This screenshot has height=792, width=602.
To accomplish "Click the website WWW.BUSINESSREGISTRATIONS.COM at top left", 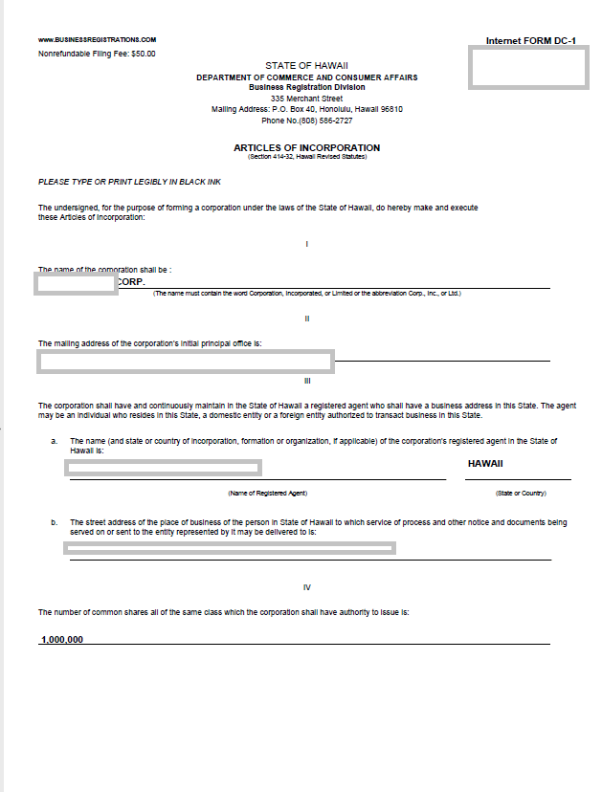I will tap(97, 40).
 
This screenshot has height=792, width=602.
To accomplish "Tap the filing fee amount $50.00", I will tap(143, 54).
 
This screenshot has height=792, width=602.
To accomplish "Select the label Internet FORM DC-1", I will tap(530, 41).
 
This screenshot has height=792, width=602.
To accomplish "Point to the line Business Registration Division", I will tap(306, 87).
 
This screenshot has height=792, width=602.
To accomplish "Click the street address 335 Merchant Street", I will tap(306, 99).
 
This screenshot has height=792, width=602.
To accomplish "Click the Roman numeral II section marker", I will tap(306, 319).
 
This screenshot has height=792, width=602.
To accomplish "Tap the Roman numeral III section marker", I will tap(306, 381).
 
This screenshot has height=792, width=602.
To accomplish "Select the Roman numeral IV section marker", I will tap(306, 587).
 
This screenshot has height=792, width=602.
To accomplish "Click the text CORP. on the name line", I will tap(131, 282).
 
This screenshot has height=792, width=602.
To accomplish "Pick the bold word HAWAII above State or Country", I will tap(485, 464).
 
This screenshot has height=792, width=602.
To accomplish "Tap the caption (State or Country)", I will tap(520, 493).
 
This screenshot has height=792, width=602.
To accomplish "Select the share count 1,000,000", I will tap(61, 639).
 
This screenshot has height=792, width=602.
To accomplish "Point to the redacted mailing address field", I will tap(185, 361).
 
